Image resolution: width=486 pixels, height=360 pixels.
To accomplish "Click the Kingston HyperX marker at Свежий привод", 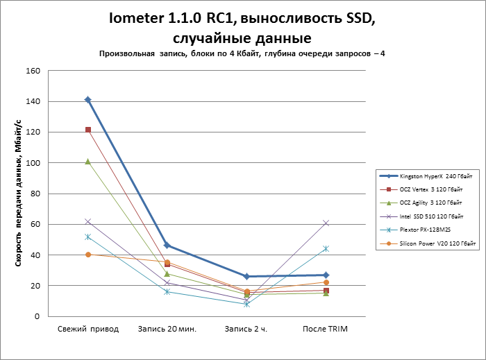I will pos(88,100).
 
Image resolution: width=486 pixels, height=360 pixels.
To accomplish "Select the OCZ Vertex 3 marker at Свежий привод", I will pos(88,130).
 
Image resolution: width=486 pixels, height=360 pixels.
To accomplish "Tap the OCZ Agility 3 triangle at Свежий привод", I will pos(88,161).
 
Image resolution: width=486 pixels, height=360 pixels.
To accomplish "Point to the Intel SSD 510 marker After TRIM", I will pos(326,223).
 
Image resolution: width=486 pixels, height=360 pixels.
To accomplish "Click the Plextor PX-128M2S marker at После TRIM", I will pos(326,248).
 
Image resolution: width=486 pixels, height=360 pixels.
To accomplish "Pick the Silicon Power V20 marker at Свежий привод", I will pos(88,255).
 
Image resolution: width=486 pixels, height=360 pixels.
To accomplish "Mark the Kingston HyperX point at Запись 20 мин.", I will pos(167,246).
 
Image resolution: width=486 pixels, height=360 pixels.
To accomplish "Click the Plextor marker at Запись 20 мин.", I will pos(167,291).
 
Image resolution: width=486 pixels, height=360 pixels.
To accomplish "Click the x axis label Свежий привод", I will pos(88,328).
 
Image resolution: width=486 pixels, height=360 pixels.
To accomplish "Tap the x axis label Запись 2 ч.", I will pos(246,328).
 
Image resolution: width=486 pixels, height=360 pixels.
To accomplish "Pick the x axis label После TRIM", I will pos(326,328).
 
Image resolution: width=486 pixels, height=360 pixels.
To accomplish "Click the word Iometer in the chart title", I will pos(138,19).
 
